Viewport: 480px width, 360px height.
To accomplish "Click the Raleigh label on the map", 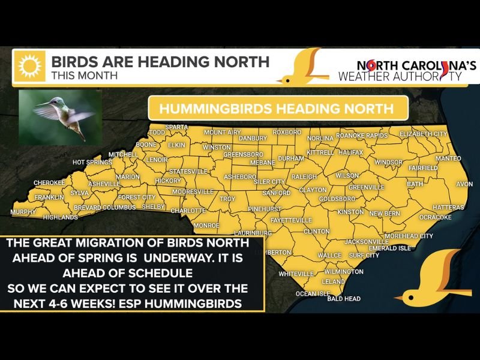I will [304, 177].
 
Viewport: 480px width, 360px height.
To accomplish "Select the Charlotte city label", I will [188, 211].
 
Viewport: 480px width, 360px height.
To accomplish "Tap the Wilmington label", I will [343, 271].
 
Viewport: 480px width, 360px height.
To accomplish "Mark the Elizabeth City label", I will [423, 133].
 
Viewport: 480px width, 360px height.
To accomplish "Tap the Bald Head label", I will [344, 298].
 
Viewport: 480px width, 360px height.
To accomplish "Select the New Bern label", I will [384, 214].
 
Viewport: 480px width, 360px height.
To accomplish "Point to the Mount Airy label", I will [222, 132].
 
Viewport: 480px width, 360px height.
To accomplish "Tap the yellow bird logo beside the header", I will [305, 67].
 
